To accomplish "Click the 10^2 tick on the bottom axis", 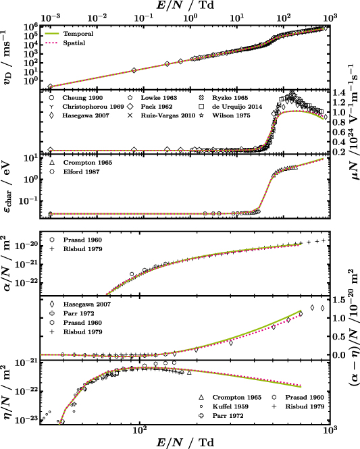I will coord(140,429).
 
